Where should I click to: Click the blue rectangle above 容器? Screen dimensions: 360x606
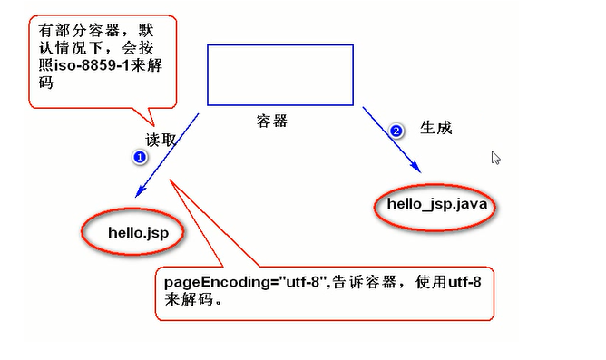coord(279,74)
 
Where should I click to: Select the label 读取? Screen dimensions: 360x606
coord(161,141)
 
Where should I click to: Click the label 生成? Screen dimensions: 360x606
coord(435,128)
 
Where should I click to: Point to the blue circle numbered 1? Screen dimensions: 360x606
coord(139,157)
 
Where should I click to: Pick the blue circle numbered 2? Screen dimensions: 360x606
coord(396,131)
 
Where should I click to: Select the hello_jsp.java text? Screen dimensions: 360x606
coord(437,204)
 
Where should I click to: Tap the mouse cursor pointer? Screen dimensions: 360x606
coord(495,158)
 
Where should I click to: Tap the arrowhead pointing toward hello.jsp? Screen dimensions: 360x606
coord(139,191)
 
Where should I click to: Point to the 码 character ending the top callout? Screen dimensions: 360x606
coord(46,83)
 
